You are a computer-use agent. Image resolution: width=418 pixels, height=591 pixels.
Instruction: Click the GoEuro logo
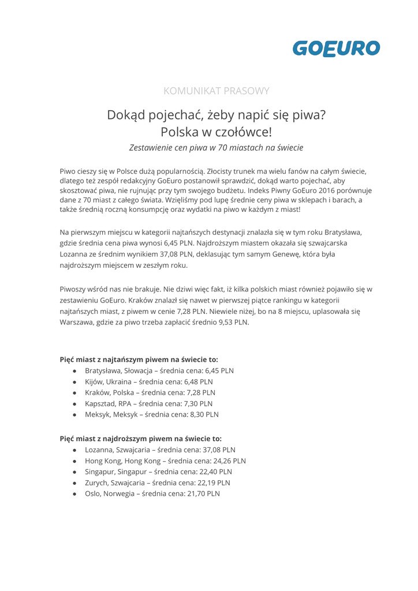(335, 48)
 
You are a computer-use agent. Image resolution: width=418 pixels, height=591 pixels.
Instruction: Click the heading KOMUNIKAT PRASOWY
(216, 91)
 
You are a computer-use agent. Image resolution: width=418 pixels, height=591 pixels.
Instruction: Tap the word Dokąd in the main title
(128, 115)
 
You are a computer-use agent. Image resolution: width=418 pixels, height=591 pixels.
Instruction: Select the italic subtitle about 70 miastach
(216, 147)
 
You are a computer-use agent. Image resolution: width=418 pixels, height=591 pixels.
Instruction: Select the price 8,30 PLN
(204, 415)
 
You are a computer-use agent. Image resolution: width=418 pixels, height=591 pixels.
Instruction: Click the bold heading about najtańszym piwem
(139, 359)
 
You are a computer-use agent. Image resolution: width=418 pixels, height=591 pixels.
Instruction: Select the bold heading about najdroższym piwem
(140, 439)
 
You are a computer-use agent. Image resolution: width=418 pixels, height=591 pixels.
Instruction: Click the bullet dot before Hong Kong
(75, 461)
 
